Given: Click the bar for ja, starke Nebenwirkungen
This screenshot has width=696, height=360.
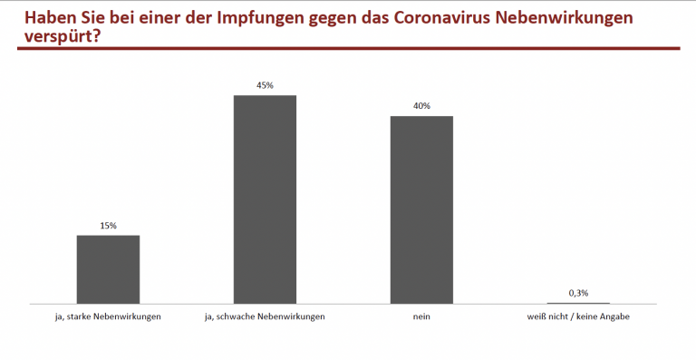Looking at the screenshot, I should coord(108,268).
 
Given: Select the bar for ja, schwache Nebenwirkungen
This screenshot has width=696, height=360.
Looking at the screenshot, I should coord(265,199).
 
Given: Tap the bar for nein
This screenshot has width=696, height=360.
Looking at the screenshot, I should coord(421,209).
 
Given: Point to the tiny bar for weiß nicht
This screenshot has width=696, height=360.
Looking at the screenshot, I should coord(578,303).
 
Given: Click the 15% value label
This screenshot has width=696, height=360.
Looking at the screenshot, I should coord(108,225).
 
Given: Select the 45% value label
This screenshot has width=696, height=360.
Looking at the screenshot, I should coord(265,85).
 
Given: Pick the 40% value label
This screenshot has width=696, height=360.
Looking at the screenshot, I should coord(421,106).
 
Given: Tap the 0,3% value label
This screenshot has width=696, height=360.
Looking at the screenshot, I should coord(578,292).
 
